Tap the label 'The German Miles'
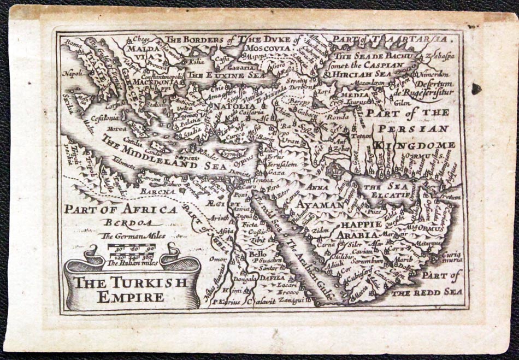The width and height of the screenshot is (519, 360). coord(133,236)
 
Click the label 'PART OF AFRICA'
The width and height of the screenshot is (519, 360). coord(120,209)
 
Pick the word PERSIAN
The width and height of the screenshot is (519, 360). coord(413,129)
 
